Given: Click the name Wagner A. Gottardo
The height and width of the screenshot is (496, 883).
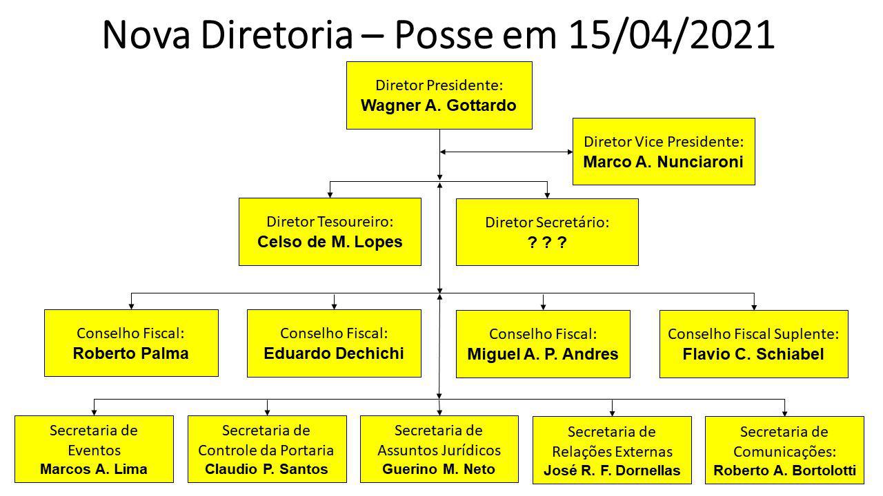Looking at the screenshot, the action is coord(439,105).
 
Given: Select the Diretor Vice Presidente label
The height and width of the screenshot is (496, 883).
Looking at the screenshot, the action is coord(664,142).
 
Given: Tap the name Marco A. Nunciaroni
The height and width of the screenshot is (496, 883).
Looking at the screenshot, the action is coord(664,162).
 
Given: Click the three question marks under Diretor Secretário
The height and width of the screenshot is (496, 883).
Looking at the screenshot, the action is coord(547,242).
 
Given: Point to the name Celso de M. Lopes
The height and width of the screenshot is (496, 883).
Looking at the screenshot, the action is coord(330,242).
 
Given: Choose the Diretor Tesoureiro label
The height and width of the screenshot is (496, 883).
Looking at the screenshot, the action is coord(330,222).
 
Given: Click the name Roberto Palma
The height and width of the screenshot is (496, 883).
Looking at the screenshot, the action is coord(131,353).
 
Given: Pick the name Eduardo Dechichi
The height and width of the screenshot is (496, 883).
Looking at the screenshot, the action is coord(334,353).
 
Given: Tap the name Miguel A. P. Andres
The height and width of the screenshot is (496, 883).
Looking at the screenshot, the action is coord(543,354).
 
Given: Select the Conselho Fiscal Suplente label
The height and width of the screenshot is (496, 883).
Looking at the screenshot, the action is coord(754,334).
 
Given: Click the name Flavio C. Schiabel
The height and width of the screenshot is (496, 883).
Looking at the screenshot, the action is coord(753,354).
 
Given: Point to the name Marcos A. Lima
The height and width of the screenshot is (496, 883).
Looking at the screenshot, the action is coord(94,469).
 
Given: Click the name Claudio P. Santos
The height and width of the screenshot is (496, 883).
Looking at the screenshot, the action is coord(266,469).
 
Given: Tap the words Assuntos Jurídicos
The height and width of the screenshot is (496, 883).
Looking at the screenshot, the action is coord(439,451).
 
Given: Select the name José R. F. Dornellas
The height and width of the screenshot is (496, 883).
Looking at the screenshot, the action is coord(612,471).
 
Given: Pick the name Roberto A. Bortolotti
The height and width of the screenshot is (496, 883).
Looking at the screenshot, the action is coord(785,471).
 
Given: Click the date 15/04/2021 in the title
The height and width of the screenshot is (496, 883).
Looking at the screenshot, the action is coord(672,34).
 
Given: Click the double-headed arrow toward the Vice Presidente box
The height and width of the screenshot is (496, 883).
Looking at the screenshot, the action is coord(506,152).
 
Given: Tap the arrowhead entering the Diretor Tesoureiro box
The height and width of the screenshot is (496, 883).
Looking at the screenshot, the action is coord(330,194).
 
